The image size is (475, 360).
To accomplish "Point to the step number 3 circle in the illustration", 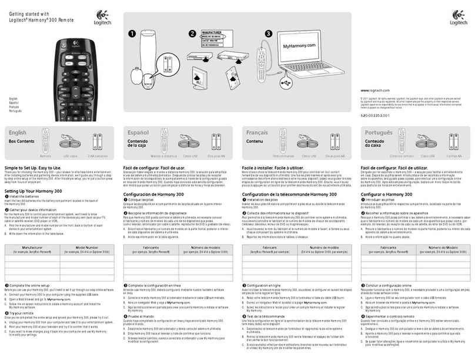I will [x=269, y=34].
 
